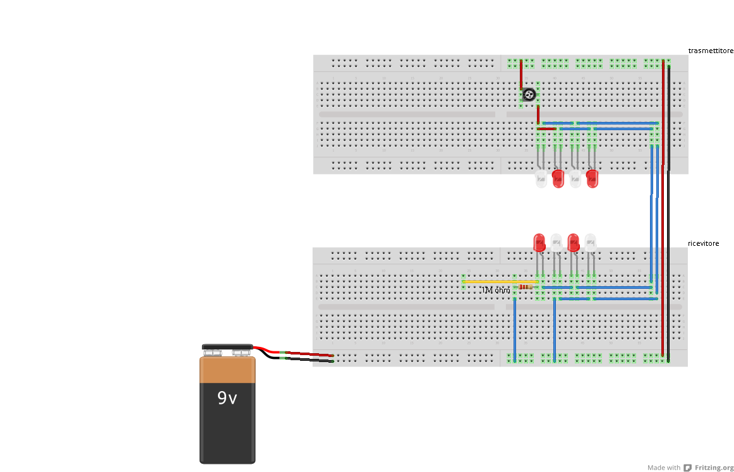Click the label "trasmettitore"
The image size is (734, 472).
coord(711,51)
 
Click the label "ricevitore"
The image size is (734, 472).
coord(703,243)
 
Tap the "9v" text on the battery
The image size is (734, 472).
coord(227,398)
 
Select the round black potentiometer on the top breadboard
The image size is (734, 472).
coord(529,95)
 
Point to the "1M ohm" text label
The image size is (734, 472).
coord(496,291)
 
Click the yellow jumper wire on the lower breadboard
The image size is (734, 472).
coord(499,282)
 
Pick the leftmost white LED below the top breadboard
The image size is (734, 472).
coord(541,179)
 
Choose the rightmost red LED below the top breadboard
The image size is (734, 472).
coord(592,179)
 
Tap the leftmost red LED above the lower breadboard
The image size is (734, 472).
coord(539,242)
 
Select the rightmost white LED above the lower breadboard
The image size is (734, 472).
coord(590,242)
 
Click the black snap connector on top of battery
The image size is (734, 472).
coord(227,348)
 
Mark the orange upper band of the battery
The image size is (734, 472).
coord(227,370)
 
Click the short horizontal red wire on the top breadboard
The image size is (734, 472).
coord(546,129)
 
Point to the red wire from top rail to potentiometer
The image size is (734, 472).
coord(521,76)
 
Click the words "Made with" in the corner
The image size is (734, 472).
coord(664,468)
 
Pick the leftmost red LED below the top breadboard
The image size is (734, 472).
coord(558,179)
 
